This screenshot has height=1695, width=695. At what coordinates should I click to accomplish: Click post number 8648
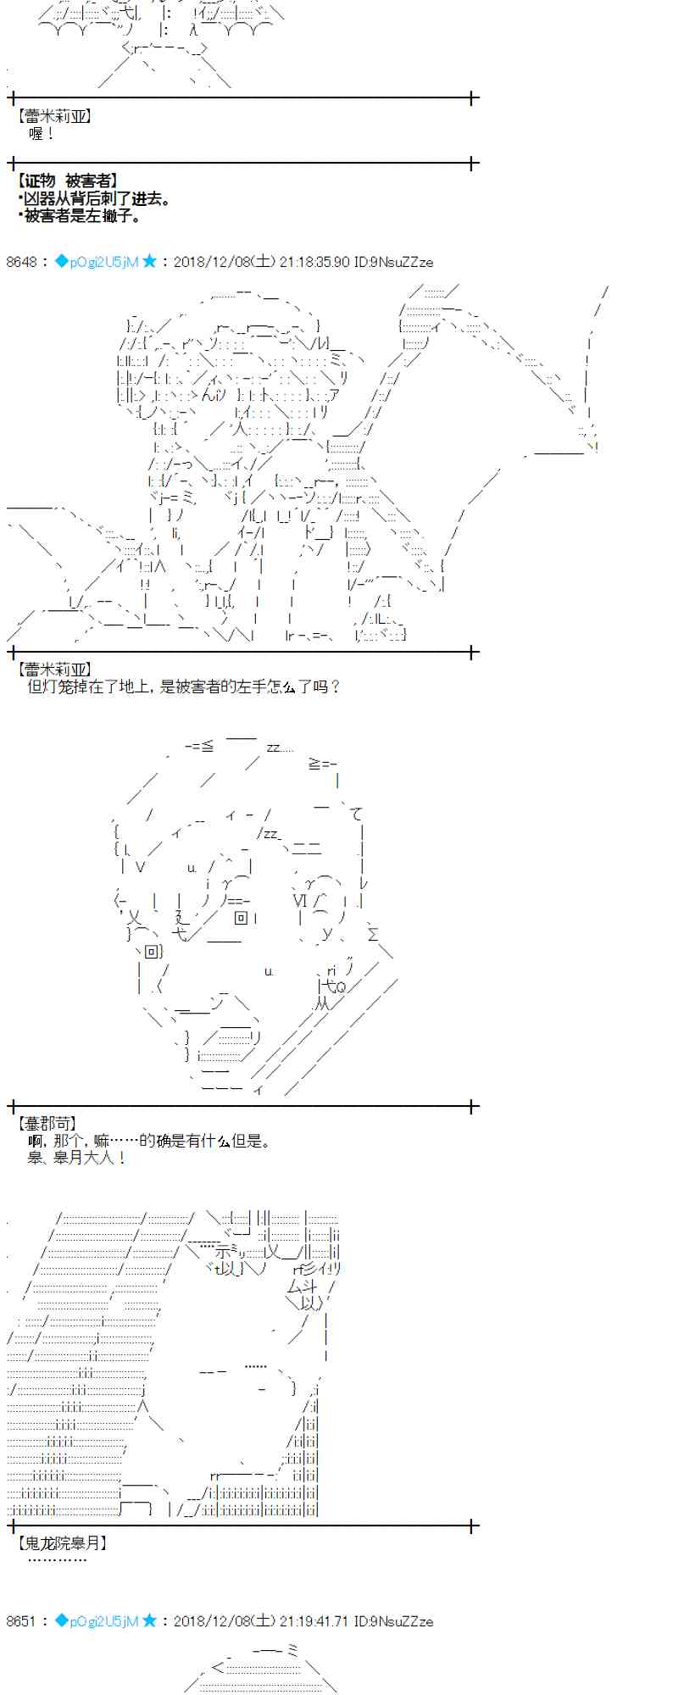(x=22, y=262)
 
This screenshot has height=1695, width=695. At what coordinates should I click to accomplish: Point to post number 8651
(x=22, y=1621)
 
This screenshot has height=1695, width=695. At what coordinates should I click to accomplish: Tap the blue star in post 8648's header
(x=149, y=261)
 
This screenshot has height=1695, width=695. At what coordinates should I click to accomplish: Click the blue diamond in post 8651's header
(x=61, y=1621)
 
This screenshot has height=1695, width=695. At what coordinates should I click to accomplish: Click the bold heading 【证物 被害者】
(x=67, y=181)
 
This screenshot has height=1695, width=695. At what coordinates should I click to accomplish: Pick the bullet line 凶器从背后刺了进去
(x=95, y=199)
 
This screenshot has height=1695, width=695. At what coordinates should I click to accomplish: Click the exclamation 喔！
(x=41, y=134)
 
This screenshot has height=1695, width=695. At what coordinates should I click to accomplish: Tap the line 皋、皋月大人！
(x=76, y=1158)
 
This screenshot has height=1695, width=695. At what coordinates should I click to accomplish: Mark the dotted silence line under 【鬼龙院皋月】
(x=57, y=1559)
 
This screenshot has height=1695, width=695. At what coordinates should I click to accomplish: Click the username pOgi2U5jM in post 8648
(x=103, y=262)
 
